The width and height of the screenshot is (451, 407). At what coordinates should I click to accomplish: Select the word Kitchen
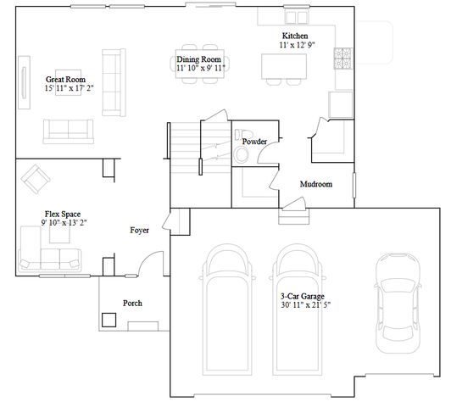(295, 36)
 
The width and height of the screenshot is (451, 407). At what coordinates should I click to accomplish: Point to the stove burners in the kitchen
(345, 59)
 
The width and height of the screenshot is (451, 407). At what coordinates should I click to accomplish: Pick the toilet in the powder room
(242, 153)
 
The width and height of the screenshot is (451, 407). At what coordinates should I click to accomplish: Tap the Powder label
(254, 141)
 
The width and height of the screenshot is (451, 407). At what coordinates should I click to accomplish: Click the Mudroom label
(315, 184)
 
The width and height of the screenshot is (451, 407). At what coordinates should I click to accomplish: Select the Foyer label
(140, 230)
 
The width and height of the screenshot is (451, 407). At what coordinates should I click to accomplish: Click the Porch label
(132, 303)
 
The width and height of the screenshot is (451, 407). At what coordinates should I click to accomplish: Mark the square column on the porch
(109, 320)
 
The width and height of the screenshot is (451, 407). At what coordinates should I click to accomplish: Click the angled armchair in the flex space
(36, 177)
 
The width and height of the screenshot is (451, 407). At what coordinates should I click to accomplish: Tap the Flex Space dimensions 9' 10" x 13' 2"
(64, 222)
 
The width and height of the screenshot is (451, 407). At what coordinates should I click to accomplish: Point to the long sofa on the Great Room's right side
(110, 81)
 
